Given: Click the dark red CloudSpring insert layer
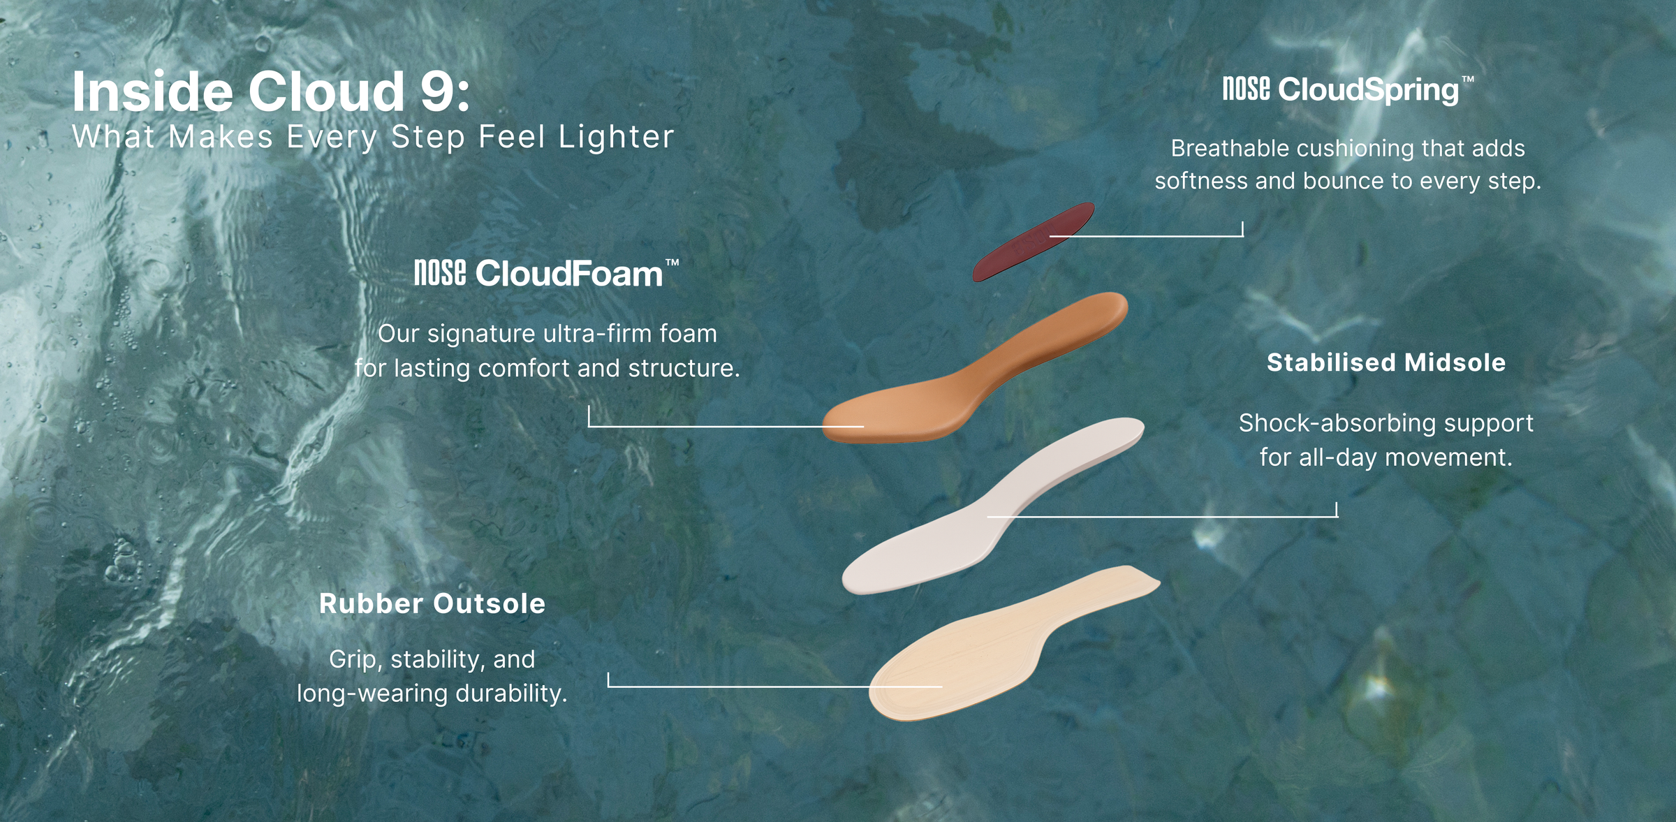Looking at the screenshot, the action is pyautogui.click(x=1034, y=242).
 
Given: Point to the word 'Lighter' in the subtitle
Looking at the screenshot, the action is pyautogui.click(x=616, y=137).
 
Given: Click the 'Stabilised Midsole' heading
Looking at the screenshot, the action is pyautogui.click(x=1386, y=362).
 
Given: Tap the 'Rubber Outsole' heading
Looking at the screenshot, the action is pyautogui.click(x=432, y=603).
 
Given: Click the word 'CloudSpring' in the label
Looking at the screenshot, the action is pyautogui.click(x=1369, y=91).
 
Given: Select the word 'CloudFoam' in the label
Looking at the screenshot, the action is pyautogui.click(x=569, y=273).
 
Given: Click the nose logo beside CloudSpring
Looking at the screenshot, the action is pyautogui.click(x=1246, y=89).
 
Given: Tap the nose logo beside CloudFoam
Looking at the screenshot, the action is pyautogui.click(x=440, y=272).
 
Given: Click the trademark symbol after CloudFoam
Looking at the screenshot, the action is pyautogui.click(x=672, y=263).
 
